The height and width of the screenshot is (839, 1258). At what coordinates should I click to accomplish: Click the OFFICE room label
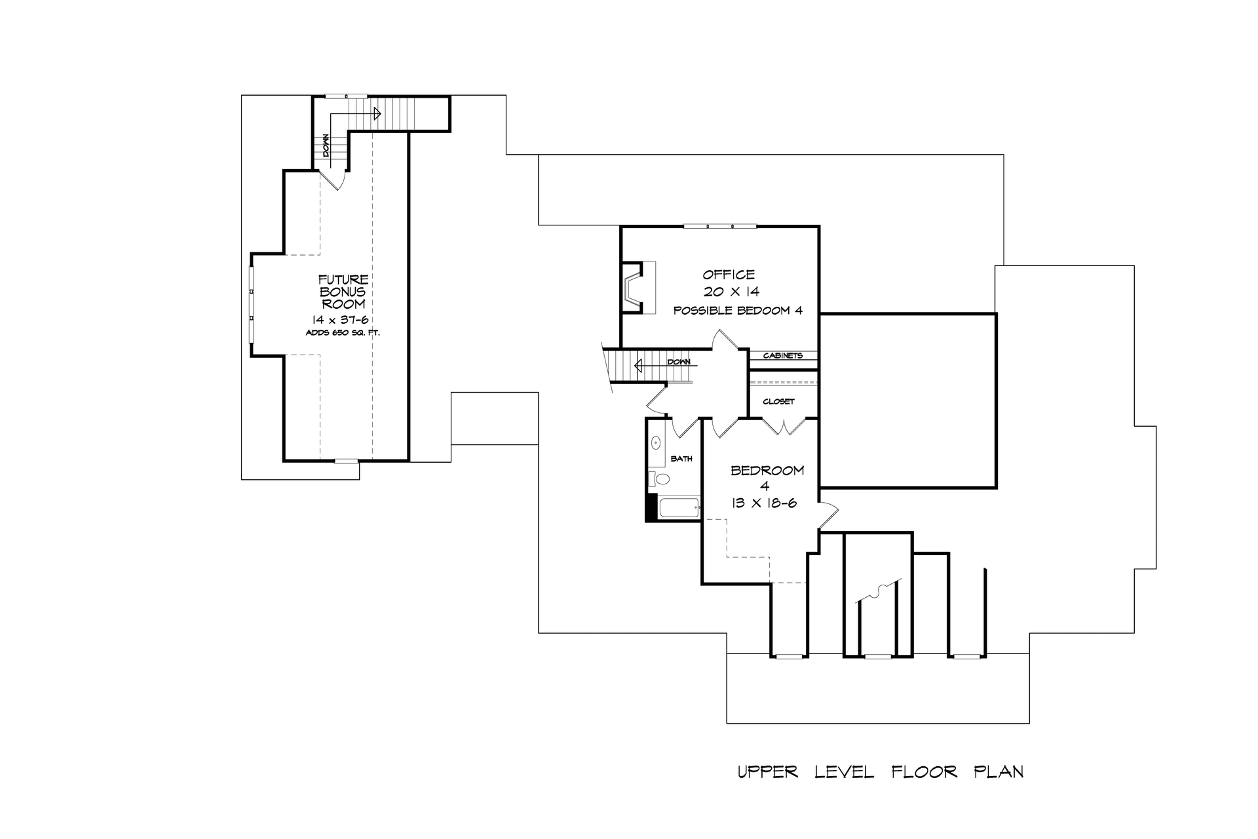point(729,275)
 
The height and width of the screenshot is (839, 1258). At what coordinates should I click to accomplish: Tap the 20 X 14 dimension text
point(731,292)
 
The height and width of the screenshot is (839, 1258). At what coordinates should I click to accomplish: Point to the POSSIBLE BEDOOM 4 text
point(738,311)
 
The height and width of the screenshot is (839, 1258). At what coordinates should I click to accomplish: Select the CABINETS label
point(782,356)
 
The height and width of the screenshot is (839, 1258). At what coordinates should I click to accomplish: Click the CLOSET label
point(778,402)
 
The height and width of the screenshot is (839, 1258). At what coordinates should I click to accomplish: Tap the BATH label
point(681,459)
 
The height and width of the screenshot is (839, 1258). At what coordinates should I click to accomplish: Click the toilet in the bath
point(661,479)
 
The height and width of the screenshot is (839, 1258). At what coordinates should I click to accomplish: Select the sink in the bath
point(656,443)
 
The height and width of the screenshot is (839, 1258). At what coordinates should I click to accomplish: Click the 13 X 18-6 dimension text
point(763,503)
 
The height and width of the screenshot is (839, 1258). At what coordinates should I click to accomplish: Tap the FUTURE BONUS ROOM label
point(343,292)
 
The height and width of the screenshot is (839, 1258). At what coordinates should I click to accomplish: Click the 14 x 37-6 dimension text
point(340,319)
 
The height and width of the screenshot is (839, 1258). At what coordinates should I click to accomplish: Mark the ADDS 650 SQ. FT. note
point(343,333)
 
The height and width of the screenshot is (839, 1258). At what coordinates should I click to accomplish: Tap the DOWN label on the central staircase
point(678,362)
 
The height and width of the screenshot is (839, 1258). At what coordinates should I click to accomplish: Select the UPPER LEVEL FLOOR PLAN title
point(880,772)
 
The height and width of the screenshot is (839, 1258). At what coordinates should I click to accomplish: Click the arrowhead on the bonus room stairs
point(377,113)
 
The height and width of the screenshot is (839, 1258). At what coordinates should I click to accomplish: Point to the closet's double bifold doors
point(783,427)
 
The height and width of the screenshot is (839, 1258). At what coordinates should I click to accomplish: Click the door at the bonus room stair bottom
point(335,179)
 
